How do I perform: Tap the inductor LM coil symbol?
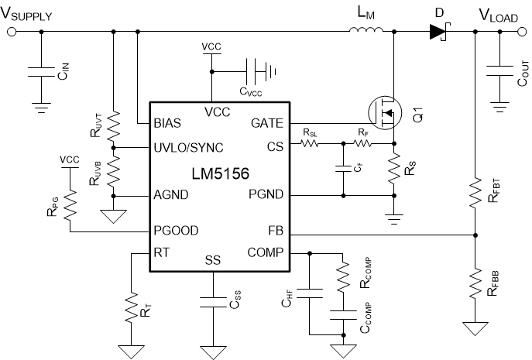click(363, 31)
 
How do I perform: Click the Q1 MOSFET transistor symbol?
click(385, 114)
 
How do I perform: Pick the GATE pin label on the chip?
click(266, 123)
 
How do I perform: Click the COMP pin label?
click(265, 252)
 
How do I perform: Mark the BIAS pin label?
click(167, 123)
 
